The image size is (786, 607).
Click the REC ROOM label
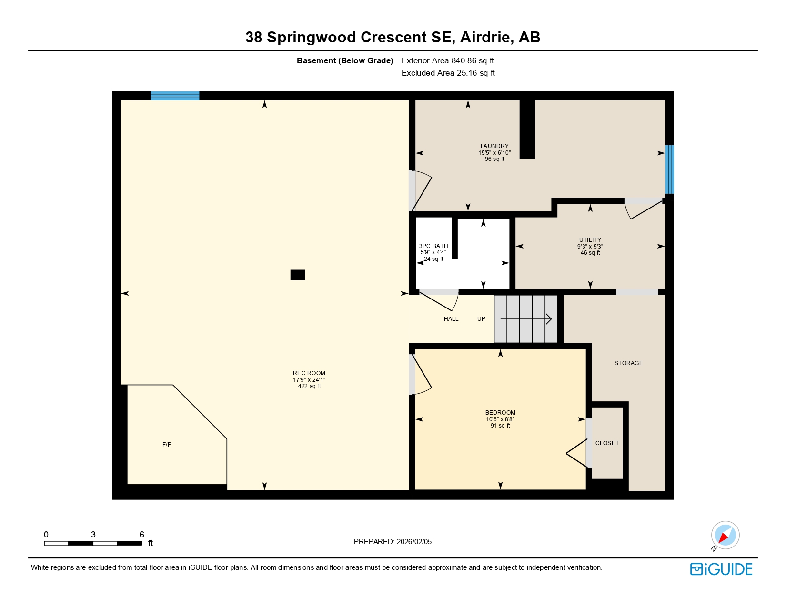coord(309,373)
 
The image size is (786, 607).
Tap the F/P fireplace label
coord(167,445)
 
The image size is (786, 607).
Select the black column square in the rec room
coord(298,275)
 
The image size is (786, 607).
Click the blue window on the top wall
coord(175,96)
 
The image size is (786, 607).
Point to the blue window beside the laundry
coord(669,169)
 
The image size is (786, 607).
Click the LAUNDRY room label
coord(494,146)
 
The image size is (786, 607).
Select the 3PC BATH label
coord(433,246)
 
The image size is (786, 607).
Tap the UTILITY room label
coord(590,240)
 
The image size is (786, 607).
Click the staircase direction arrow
coord(526,319)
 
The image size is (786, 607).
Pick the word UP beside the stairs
coord(481,319)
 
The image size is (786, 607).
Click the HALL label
coord(451,319)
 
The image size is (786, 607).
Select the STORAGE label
coord(628,363)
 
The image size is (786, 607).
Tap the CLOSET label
coord(607,443)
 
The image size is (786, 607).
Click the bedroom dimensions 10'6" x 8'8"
coord(500,419)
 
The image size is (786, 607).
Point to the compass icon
coord(725,535)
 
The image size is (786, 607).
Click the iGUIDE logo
coord(721,569)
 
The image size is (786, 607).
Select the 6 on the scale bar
coord(141,535)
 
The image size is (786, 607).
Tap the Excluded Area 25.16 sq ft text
coord(448,73)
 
